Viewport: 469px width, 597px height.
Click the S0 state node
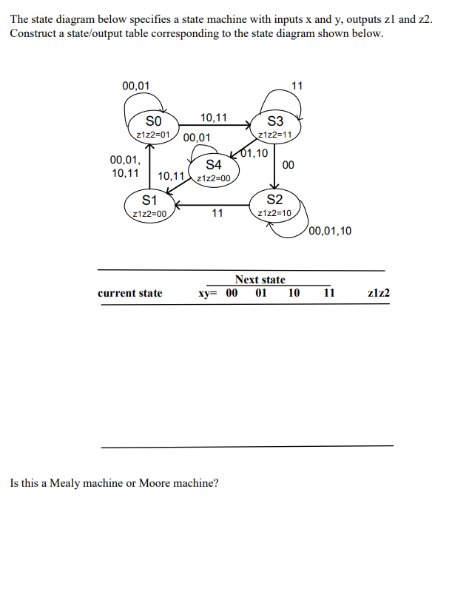pyautogui.click(x=152, y=126)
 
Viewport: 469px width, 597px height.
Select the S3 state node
pyautogui.click(x=275, y=127)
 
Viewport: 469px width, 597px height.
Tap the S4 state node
pyautogui.click(x=213, y=169)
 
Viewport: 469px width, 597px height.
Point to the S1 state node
pyautogui.click(x=149, y=205)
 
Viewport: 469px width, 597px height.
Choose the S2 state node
pyautogui.click(x=274, y=205)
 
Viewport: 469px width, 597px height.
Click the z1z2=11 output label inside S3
pyautogui.click(x=275, y=135)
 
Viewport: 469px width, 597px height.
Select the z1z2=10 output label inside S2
pyautogui.click(x=274, y=213)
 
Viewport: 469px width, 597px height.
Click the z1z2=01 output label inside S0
pyautogui.click(x=153, y=135)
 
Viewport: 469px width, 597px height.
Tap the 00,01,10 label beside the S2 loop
pyautogui.click(x=331, y=231)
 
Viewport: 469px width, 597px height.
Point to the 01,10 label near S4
pyautogui.click(x=255, y=154)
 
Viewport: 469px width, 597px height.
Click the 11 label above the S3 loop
pyautogui.click(x=297, y=85)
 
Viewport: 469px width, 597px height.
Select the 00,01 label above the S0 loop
pyautogui.click(x=135, y=85)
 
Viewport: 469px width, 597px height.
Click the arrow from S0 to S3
pyautogui.click(x=215, y=126)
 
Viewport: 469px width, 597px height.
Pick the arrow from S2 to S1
pyautogui.click(x=215, y=204)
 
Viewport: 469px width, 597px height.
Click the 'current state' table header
pyautogui.click(x=130, y=293)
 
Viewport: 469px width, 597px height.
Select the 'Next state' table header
pyautogui.click(x=260, y=280)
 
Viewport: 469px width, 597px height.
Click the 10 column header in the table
pyautogui.click(x=294, y=293)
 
